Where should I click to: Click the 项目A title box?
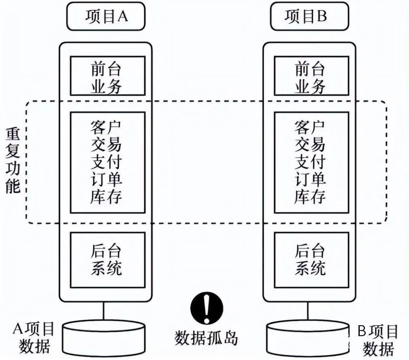pyautogui.click(x=105, y=16)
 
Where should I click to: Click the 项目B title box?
pyautogui.click(x=310, y=16)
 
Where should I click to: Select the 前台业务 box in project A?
pyautogui.click(x=108, y=76)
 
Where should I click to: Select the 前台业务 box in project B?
pyautogui.click(x=312, y=76)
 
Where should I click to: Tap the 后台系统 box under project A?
pyautogui.click(x=108, y=260)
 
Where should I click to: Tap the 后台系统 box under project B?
pyautogui.click(x=312, y=260)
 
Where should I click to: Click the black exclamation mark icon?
pyautogui.click(x=207, y=308)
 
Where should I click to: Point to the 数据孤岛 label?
pyautogui.click(x=206, y=338)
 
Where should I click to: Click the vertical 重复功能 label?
pyautogui.click(x=13, y=161)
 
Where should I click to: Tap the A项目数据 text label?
pyautogui.click(x=34, y=337)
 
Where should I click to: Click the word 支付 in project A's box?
pyautogui.click(x=106, y=162)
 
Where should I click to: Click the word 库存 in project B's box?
pyautogui.click(x=310, y=197)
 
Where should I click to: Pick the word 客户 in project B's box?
pyautogui.click(x=310, y=127)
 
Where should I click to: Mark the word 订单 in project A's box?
pyautogui.click(x=106, y=179)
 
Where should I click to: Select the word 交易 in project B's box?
pyautogui.click(x=310, y=144)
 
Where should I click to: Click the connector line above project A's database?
pyautogui.click(x=103, y=311)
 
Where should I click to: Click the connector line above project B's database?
pyautogui.click(x=308, y=311)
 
